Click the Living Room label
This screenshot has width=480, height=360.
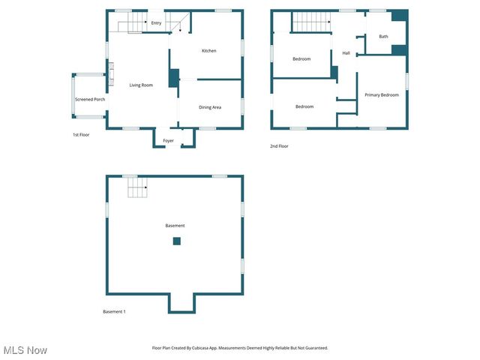(x=141, y=85)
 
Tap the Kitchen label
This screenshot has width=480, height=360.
(x=209, y=50)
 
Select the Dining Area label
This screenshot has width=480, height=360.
(x=210, y=107)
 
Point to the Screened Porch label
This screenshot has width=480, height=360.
(x=89, y=99)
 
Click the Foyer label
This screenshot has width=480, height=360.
(x=168, y=140)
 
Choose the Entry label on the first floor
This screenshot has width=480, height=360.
(x=156, y=23)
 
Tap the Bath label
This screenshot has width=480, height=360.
(x=383, y=36)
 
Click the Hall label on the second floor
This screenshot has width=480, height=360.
(x=346, y=53)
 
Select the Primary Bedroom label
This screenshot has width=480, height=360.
(x=382, y=94)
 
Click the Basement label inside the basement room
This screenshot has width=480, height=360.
(x=175, y=226)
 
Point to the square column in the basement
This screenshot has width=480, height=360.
(x=177, y=241)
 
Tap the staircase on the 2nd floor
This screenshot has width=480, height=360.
(x=310, y=22)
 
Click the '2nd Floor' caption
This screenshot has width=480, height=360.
(x=279, y=146)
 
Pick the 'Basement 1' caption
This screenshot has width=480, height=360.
(x=114, y=311)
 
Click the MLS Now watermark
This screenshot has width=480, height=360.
(x=25, y=350)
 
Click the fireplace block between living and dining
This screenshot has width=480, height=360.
(x=174, y=78)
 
